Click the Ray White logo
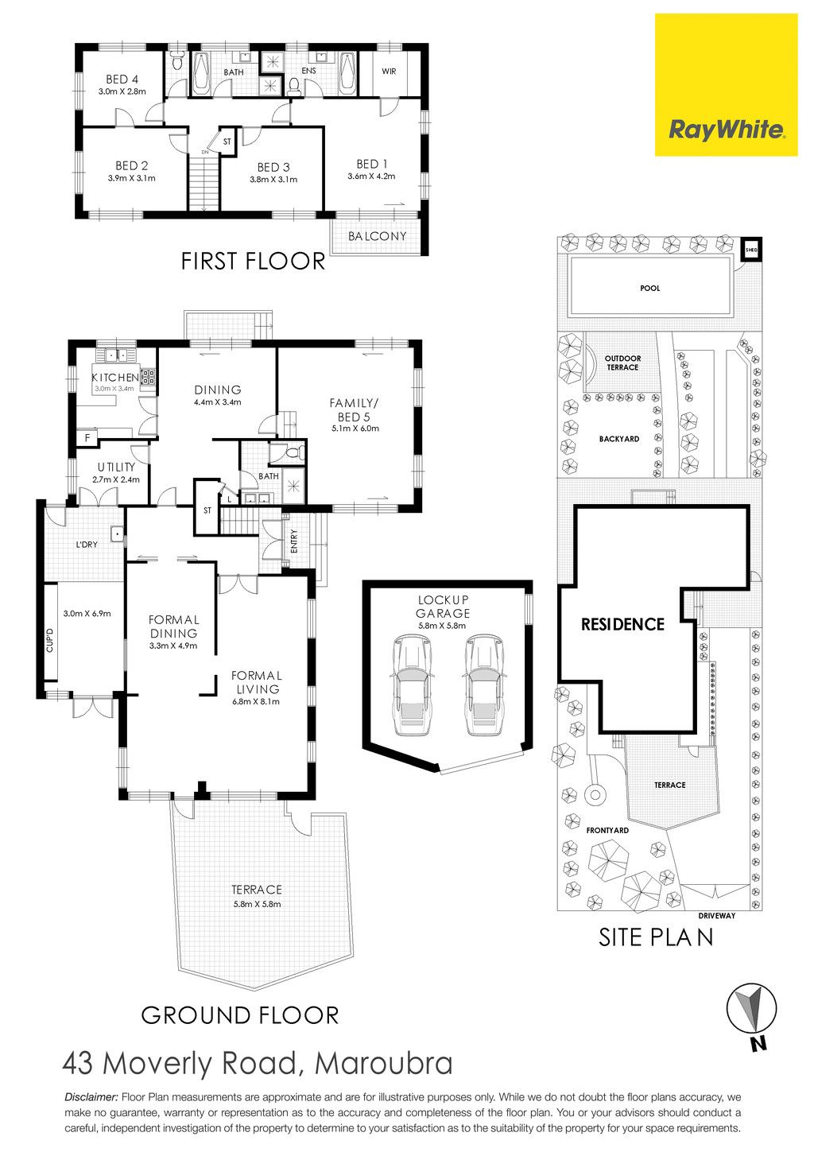pyautogui.click(x=726, y=85)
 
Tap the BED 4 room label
pyautogui.click(x=122, y=80)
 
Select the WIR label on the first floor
pyautogui.click(x=389, y=72)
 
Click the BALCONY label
pyautogui.click(x=377, y=236)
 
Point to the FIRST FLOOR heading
pyautogui.click(x=253, y=262)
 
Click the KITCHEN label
pyautogui.click(x=115, y=378)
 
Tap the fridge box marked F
pyautogui.click(x=87, y=438)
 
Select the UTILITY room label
pyautogui.click(x=116, y=467)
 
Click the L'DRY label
pyautogui.click(x=87, y=545)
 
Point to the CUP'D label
pyautogui.click(x=50, y=641)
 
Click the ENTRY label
pyautogui.click(x=294, y=541)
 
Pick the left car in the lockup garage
pyautogui.click(x=411, y=685)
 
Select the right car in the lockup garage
pyautogui.click(x=483, y=685)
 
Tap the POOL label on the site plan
pyautogui.click(x=650, y=288)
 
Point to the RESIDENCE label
pyautogui.click(x=622, y=624)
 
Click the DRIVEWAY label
pyautogui.click(x=717, y=916)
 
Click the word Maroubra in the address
pyautogui.click(x=384, y=1064)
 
